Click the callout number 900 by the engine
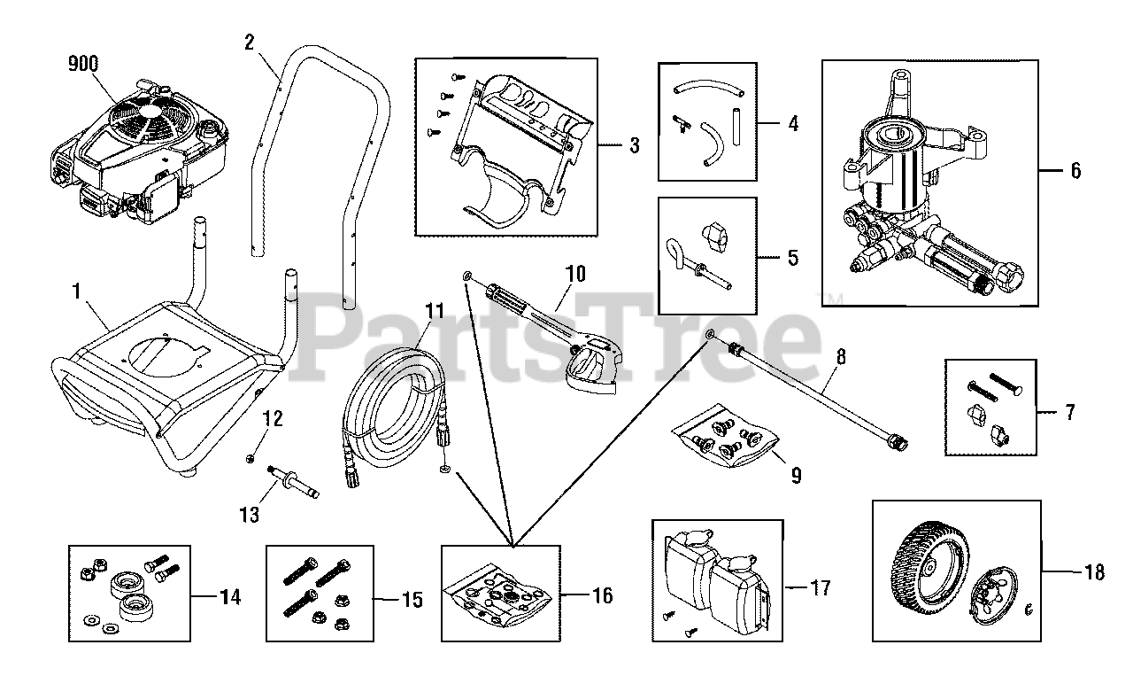click(x=82, y=63)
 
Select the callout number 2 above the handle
click(x=249, y=41)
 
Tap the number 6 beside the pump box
click(x=1075, y=170)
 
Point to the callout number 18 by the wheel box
click(x=1094, y=572)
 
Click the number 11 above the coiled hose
click(x=434, y=311)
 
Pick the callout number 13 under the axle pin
click(x=250, y=514)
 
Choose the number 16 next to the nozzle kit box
click(x=602, y=595)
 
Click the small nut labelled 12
click(x=252, y=457)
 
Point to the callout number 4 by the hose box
click(x=792, y=123)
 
